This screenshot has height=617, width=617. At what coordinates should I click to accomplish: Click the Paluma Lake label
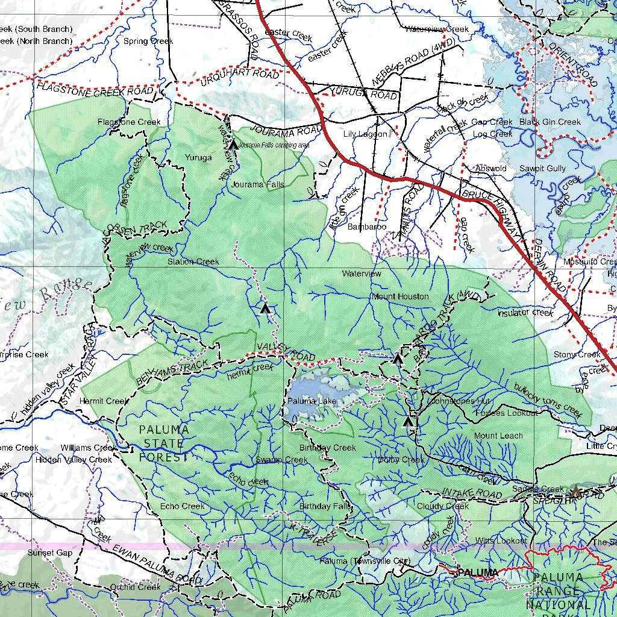pyautogui.click(x=312, y=401)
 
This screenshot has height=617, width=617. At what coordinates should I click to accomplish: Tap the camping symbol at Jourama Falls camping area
pyautogui.click(x=233, y=145)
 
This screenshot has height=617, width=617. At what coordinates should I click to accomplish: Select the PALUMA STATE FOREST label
pyautogui.click(x=164, y=443)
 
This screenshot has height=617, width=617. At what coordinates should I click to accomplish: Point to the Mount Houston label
pyautogui.click(x=400, y=296)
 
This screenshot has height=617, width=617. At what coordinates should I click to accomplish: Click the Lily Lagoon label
pyautogui.click(x=365, y=134)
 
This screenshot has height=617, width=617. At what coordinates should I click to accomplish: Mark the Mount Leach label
pyautogui.click(x=498, y=436)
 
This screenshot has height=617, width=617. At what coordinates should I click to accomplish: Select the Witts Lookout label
pyautogui.click(x=501, y=540)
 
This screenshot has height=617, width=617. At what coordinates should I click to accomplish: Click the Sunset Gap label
pyautogui.click(x=49, y=553)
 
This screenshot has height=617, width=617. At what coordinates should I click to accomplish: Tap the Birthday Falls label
pyautogui.click(x=325, y=506)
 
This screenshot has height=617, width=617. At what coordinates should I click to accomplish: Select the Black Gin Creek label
pyautogui.click(x=550, y=122)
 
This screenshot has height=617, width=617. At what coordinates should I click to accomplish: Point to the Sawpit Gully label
pyautogui.click(x=542, y=169)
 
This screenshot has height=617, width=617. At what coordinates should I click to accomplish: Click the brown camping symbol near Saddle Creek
pyautogui.click(x=575, y=491)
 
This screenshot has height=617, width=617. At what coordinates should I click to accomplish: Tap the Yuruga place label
pyautogui.click(x=198, y=158)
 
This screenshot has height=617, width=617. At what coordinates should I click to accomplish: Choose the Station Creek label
pyautogui.click(x=193, y=262)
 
